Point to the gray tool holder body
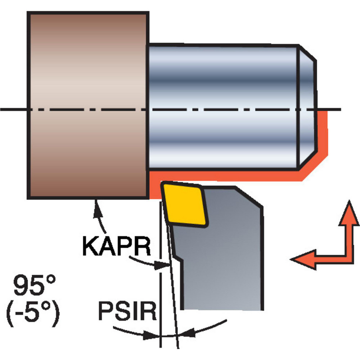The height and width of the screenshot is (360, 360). pos(223,259)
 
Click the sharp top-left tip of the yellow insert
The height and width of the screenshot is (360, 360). pos(162,185)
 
